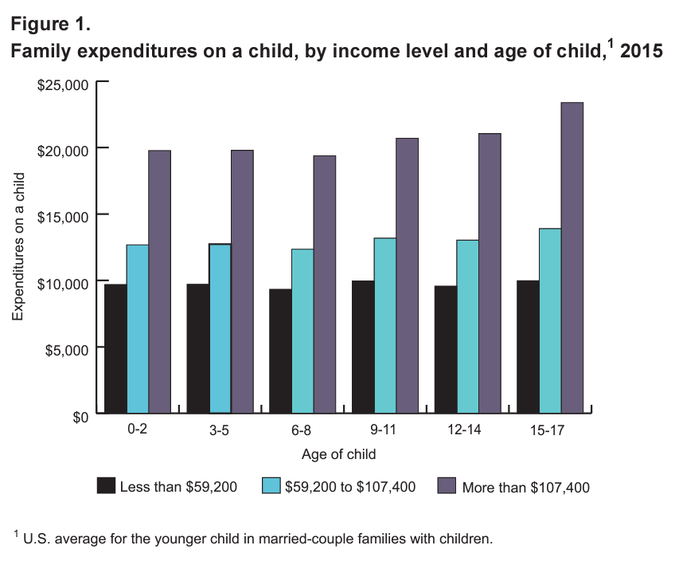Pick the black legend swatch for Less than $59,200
click(x=105, y=486)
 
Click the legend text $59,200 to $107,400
click(x=349, y=486)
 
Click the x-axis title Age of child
click(x=338, y=455)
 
